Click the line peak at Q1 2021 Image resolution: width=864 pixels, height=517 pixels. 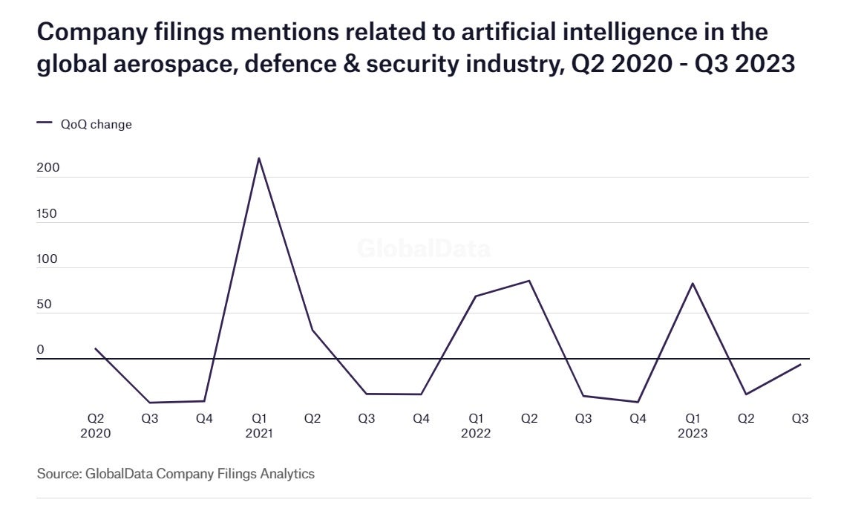click(258, 158)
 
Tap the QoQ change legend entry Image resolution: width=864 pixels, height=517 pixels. click(85, 125)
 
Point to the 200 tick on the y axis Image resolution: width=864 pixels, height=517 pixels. click(48, 169)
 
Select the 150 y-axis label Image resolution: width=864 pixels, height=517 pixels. click(48, 214)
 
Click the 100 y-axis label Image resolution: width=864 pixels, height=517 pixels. click(48, 260)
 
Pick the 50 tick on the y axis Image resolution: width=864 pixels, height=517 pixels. click(45, 305)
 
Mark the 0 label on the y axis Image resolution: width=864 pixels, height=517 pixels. click(41, 350)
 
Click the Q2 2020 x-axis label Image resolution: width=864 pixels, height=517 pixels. click(96, 426)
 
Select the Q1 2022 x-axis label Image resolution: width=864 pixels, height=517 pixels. click(475, 426)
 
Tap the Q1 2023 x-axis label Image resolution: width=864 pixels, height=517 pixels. click(692, 426)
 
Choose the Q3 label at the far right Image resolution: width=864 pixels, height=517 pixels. click(800, 419)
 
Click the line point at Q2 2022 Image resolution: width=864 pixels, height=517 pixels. click(529, 281)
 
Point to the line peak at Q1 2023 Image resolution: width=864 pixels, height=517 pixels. click(693, 283)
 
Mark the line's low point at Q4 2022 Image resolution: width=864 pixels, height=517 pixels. click(638, 402)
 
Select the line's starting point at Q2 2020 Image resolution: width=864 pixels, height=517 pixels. click(96, 348)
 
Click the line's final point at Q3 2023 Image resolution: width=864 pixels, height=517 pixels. click(800, 365)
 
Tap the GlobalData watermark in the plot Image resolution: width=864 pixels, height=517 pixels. click(423, 248)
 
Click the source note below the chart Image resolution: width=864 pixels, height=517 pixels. click(176, 473)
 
